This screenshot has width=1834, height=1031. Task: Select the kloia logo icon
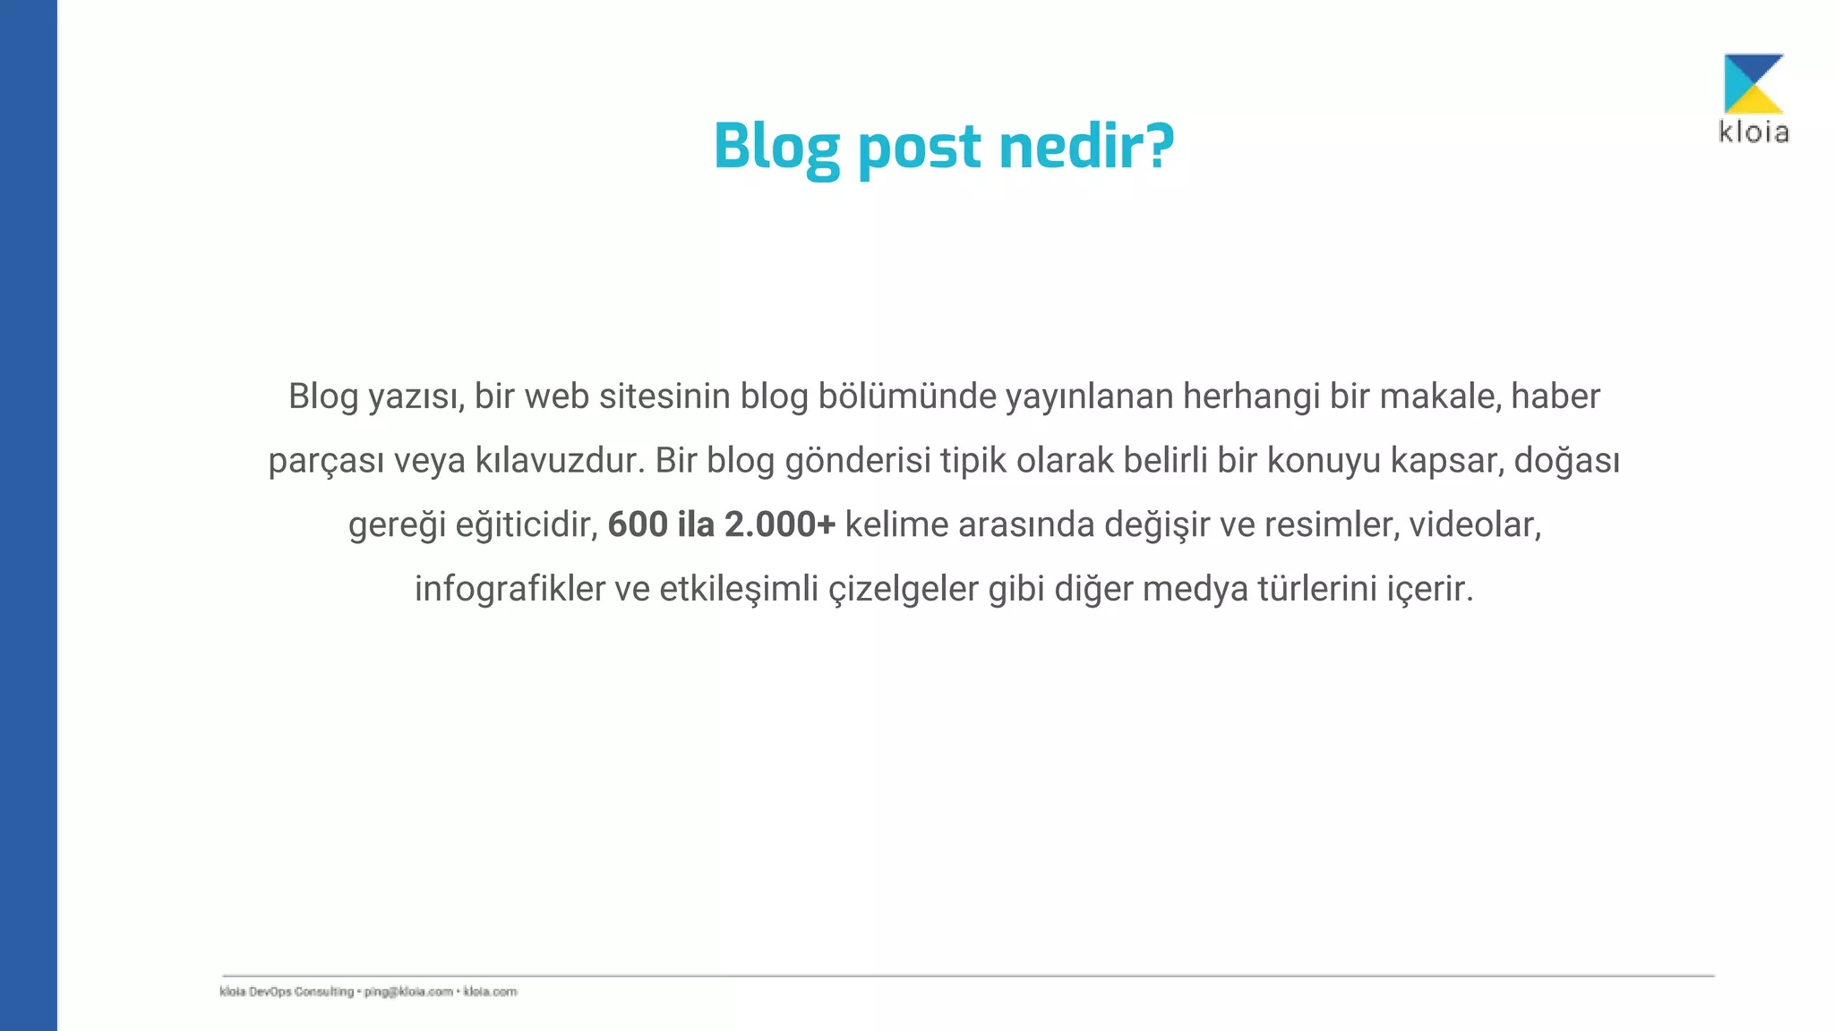(1753, 83)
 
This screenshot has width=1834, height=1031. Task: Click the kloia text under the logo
(1753, 132)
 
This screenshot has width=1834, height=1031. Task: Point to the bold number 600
(638, 524)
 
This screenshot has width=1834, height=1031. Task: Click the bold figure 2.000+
(779, 524)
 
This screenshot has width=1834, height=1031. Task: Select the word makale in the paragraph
(1439, 396)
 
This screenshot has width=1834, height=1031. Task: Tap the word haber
(1555, 396)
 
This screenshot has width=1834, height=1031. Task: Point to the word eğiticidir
(527, 525)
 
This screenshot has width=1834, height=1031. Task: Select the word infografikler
(510, 589)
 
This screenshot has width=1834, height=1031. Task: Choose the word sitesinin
(664, 396)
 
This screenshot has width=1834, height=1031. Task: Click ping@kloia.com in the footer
(408, 992)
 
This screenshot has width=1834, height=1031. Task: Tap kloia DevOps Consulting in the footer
(287, 992)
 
